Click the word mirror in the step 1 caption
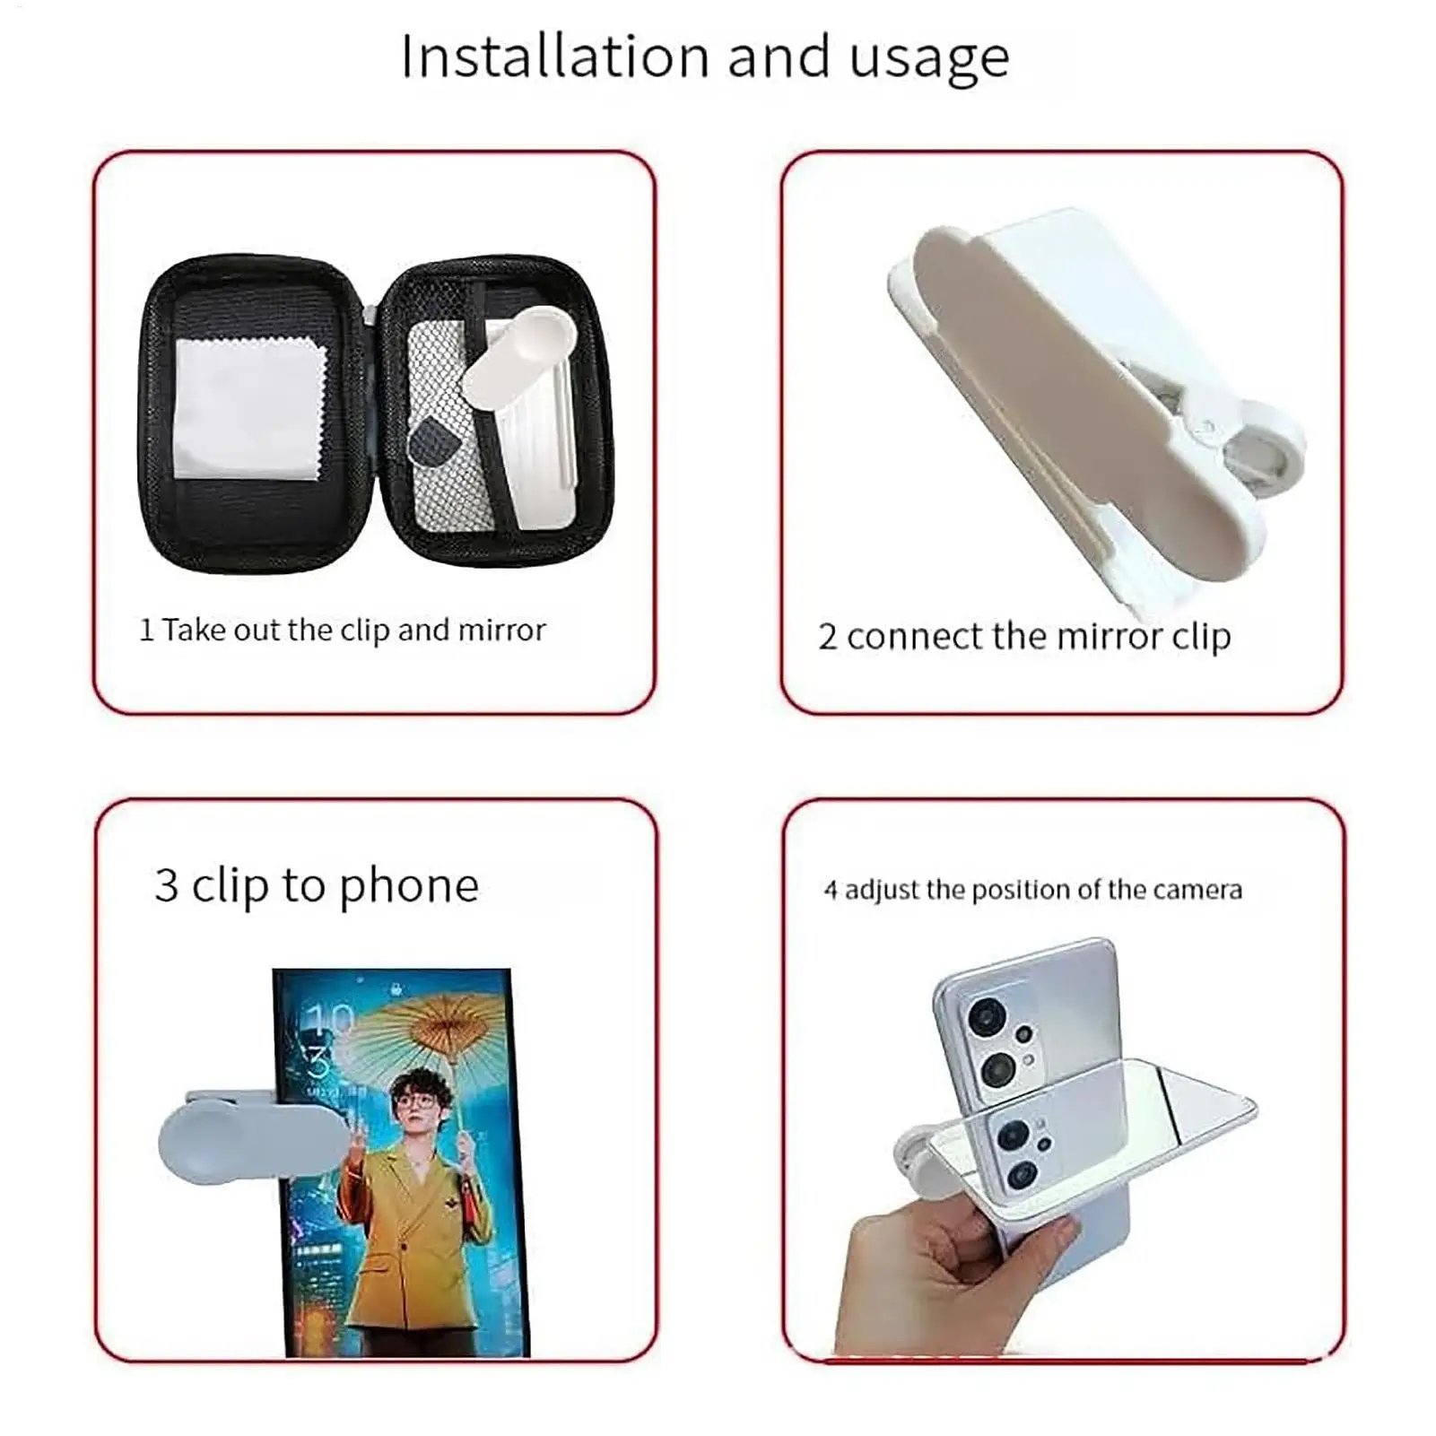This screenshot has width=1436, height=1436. click(x=501, y=631)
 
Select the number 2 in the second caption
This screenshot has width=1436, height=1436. click(x=827, y=638)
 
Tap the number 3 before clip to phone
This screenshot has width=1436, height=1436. click(x=166, y=886)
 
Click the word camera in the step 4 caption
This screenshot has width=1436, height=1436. click(x=1197, y=890)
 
